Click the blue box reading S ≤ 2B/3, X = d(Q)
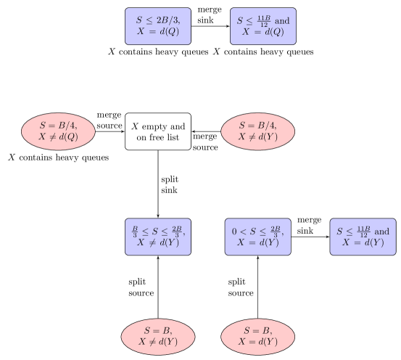click(158, 26)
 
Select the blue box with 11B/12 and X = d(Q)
click(263, 26)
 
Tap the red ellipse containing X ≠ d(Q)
click(57, 131)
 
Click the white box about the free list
click(158, 131)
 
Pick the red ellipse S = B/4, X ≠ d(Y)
click(258, 131)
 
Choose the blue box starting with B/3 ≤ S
click(158, 237)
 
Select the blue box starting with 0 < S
click(258, 237)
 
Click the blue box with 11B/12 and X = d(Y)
click(363, 237)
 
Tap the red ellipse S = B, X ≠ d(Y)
click(158, 336)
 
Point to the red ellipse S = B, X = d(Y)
click(258, 336)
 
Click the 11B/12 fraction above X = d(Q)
click(263, 20)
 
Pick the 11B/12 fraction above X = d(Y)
click(363, 231)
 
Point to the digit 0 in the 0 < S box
click(234, 232)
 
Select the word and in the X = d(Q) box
click(282, 21)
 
